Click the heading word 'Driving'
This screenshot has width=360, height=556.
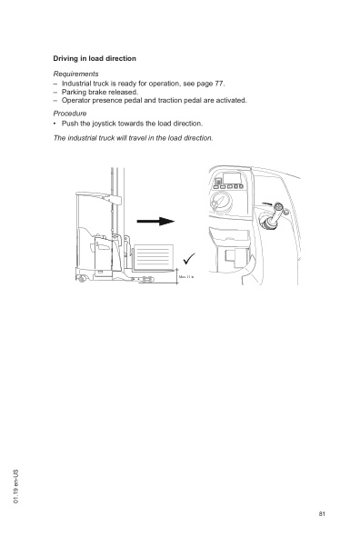pos(66,58)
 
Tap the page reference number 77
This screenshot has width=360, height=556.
pos(217,83)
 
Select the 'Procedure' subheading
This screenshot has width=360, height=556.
pos(70,114)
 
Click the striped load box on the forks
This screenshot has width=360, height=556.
pos(153,256)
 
